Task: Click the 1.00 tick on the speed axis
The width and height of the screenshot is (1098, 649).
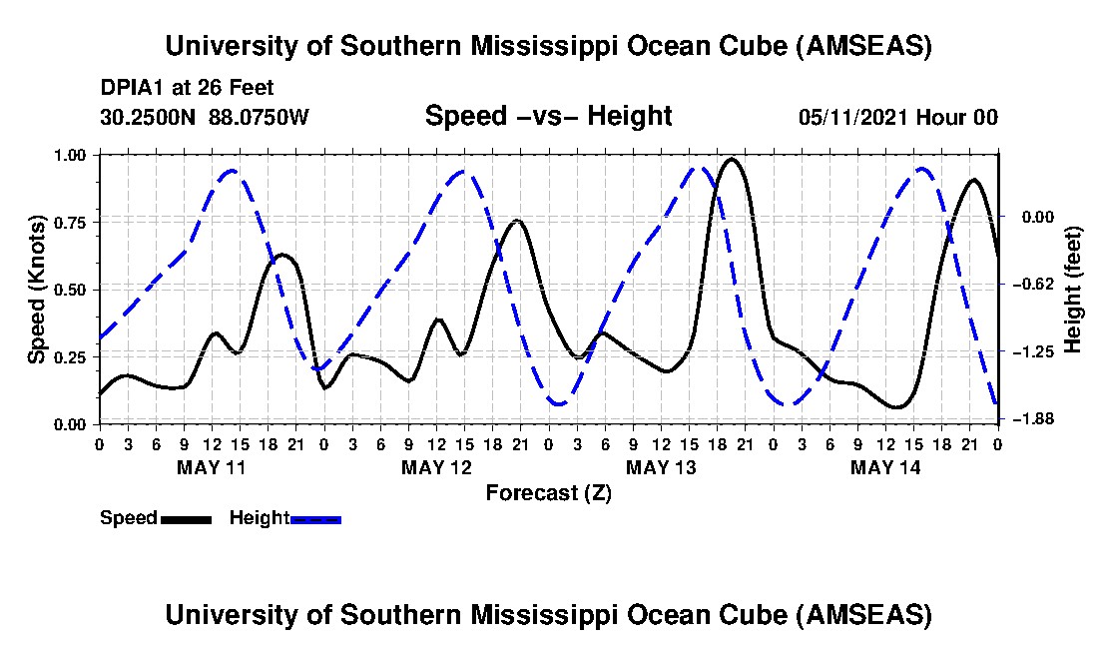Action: pos(76,155)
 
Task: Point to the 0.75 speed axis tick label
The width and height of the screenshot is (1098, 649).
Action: pos(76,222)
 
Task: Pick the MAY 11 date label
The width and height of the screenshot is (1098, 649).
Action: pos(211,467)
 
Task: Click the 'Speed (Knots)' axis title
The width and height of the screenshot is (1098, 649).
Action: pos(37,290)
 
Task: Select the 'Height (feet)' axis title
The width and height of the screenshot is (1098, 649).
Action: pos(1074,290)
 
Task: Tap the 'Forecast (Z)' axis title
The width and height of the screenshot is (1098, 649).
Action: pos(548,492)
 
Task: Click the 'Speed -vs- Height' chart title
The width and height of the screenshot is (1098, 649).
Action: pos(548,117)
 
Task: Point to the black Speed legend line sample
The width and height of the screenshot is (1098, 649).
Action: pos(186,519)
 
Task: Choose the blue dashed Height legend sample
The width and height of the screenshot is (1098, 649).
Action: pos(315,519)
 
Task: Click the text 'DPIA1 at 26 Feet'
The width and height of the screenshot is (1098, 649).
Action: pos(188,88)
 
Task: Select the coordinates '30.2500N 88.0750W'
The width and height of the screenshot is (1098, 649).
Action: pos(205,117)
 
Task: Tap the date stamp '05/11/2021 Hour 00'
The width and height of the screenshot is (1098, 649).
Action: pos(898,117)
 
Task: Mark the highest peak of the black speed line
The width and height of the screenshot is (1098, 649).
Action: pos(732,159)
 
